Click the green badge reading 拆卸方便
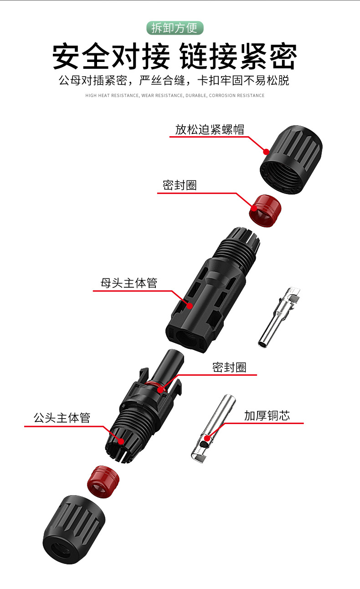(175, 28)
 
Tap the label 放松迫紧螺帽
(210, 130)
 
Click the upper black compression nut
(291, 159)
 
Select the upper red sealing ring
(265, 210)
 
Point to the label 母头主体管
(129, 283)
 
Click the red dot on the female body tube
(190, 306)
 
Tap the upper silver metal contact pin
(279, 317)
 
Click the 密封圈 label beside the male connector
(229, 367)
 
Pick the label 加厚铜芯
(267, 416)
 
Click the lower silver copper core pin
(213, 429)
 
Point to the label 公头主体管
(62, 418)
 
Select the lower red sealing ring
(103, 481)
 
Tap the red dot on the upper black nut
(266, 152)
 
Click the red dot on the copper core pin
(207, 438)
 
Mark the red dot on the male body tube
(121, 441)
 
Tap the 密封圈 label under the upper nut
(180, 185)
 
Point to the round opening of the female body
(187, 338)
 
